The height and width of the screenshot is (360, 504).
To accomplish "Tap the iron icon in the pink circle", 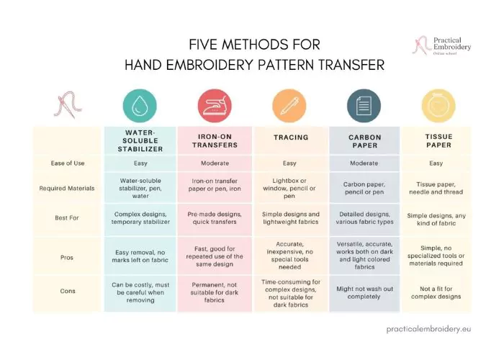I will (x=214, y=105).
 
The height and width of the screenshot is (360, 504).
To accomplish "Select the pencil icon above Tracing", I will (x=290, y=105).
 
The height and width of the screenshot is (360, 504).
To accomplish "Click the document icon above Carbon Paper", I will (x=364, y=105).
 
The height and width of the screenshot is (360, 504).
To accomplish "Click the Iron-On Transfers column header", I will (x=214, y=141).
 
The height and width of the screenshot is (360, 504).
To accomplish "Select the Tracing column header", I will (x=291, y=137).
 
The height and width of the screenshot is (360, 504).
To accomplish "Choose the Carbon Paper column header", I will (x=364, y=141).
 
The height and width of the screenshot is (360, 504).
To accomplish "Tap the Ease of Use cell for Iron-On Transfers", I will (x=214, y=164).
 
